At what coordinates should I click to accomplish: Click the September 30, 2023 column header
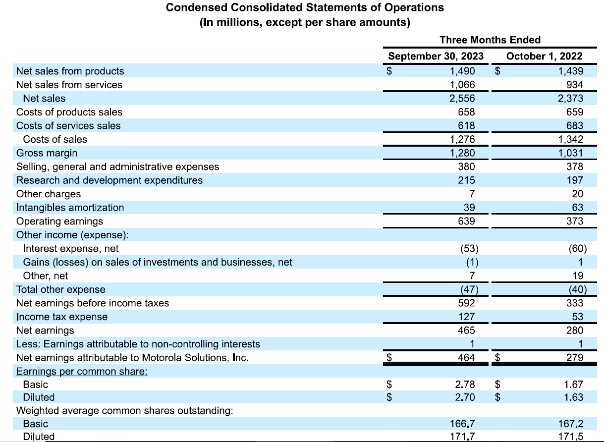(436, 56)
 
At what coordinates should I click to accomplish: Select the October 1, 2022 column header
(544, 56)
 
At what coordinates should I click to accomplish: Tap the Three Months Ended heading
(490, 40)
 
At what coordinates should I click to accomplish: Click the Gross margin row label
(47, 153)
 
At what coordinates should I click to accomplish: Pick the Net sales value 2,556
(462, 99)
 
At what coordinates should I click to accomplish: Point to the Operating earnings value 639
(466, 221)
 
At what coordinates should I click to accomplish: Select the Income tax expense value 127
(466, 317)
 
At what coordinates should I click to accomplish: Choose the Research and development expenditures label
(109, 180)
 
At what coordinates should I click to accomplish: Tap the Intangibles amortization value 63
(577, 208)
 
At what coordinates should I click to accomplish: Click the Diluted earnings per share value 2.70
(465, 397)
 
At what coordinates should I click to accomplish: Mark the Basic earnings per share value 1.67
(573, 384)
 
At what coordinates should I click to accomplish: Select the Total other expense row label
(60, 289)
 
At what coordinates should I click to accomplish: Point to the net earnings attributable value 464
(466, 357)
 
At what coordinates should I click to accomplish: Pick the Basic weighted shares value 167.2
(570, 424)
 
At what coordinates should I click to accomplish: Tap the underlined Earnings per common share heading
(82, 371)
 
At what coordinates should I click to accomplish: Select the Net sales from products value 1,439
(570, 71)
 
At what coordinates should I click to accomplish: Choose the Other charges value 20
(577, 194)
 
